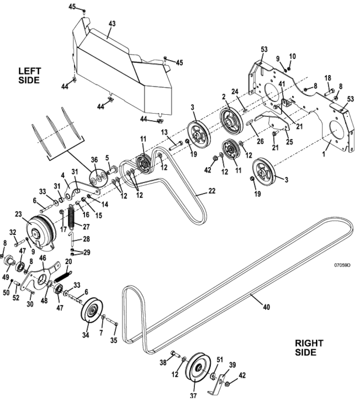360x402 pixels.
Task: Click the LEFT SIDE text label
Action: [29, 75]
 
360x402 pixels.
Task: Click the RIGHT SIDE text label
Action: [309, 348]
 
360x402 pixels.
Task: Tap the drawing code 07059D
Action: [342, 265]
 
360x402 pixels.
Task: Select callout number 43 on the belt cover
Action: [112, 24]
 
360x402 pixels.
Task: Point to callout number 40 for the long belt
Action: [267, 307]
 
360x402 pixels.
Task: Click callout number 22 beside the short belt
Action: [212, 191]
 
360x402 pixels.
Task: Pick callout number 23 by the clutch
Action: [19, 214]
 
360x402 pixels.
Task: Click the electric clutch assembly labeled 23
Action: [41, 232]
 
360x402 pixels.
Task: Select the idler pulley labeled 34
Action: [92, 309]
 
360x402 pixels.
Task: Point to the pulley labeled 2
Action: [231, 122]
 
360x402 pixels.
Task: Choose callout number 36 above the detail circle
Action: [94, 159]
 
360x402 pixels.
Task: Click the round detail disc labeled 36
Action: [98, 177]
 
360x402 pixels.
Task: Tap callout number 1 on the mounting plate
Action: [324, 154]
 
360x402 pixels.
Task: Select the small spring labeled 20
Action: [63, 277]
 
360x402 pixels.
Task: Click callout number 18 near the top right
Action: [328, 78]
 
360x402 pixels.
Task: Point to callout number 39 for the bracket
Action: [232, 364]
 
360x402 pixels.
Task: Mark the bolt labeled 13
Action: [176, 145]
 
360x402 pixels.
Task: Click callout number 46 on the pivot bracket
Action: [42, 258]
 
